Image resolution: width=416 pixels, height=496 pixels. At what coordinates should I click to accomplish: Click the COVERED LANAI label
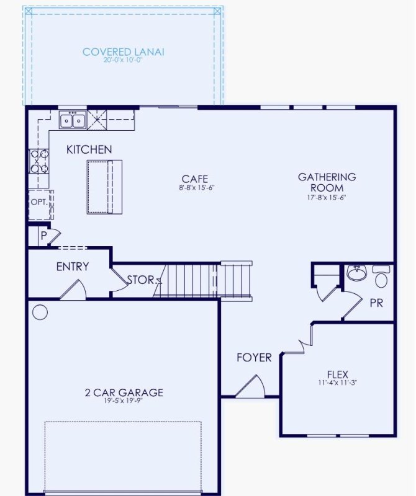click(x=124, y=51)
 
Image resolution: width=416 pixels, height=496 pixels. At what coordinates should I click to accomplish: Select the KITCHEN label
click(x=89, y=149)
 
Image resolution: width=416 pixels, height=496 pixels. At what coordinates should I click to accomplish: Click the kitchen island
click(x=104, y=187)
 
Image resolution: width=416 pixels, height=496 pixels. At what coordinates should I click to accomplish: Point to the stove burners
click(x=38, y=161)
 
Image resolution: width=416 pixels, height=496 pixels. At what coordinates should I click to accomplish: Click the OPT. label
click(x=38, y=202)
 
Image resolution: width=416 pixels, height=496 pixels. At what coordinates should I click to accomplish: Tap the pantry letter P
click(x=44, y=236)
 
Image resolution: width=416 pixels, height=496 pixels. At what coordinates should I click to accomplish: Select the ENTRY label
click(x=73, y=267)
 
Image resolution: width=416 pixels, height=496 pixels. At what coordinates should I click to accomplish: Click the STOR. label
click(x=141, y=280)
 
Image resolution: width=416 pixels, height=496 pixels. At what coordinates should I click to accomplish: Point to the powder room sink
click(x=356, y=273)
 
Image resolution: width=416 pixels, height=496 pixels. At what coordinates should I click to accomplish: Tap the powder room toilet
click(x=381, y=277)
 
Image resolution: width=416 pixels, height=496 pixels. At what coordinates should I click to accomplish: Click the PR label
click(x=376, y=303)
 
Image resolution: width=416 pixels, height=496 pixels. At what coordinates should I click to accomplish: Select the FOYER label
click(x=254, y=358)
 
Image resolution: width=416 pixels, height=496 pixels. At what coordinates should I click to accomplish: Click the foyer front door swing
click(x=251, y=387)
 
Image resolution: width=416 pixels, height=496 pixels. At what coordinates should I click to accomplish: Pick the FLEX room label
click(x=338, y=374)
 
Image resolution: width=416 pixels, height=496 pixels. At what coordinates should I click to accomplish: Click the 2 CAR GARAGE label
click(x=124, y=392)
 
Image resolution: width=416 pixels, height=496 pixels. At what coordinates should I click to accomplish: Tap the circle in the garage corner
click(x=40, y=312)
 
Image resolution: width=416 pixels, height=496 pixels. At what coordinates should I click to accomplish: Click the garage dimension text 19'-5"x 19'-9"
click(x=124, y=401)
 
